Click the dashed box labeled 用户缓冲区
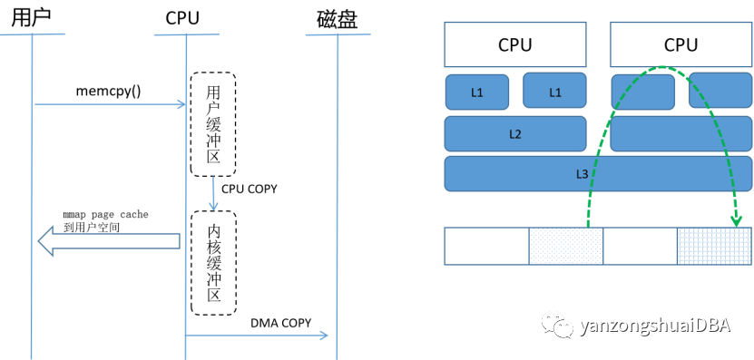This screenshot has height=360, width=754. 212,124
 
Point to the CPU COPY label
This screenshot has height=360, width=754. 250,190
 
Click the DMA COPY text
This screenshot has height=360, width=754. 280,323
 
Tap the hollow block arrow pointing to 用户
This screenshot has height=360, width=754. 108,240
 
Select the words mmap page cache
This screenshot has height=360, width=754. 105,214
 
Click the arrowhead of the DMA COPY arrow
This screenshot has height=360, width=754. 323,336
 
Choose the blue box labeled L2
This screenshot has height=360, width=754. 514,134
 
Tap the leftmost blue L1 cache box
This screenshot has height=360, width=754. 477,92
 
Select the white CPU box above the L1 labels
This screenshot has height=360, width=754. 514,44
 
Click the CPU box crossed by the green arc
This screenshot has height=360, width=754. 681,44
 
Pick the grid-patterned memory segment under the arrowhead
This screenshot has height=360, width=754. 715,246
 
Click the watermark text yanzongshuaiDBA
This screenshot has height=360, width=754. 661,325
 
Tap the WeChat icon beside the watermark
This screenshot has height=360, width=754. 560,325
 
